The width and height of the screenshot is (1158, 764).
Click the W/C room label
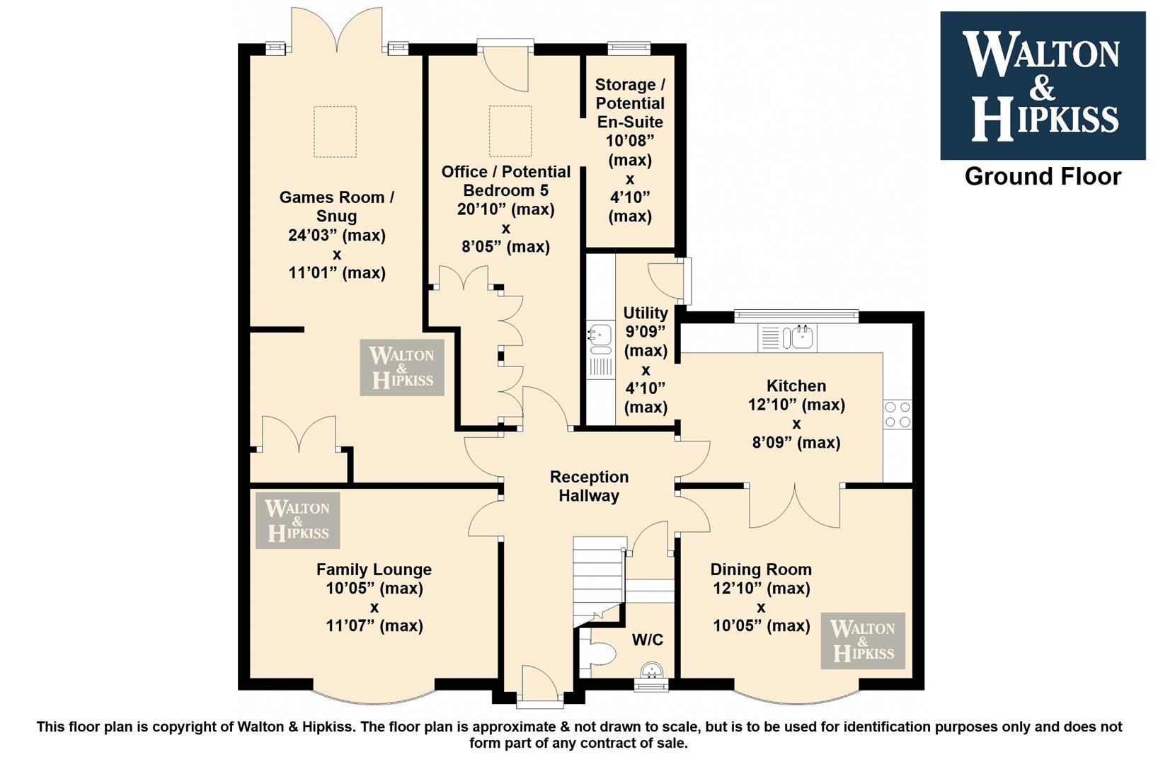click(x=647, y=640)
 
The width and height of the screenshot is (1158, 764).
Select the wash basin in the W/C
click(x=651, y=670)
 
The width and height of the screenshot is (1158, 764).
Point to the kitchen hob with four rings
click(x=898, y=415)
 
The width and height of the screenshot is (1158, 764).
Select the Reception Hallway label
click(x=590, y=486)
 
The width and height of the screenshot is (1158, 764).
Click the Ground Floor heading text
click(x=1043, y=177)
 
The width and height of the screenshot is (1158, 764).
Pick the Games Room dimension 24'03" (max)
click(x=336, y=235)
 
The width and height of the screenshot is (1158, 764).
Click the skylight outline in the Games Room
click(x=335, y=131)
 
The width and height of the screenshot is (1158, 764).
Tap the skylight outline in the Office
click(x=510, y=131)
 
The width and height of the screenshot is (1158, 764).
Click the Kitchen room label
click(x=796, y=386)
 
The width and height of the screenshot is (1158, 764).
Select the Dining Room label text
click(x=761, y=569)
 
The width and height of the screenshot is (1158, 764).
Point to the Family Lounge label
click(x=374, y=569)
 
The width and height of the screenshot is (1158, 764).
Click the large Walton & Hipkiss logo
click(x=1043, y=85)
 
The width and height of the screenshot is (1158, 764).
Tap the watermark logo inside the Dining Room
click(x=863, y=640)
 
